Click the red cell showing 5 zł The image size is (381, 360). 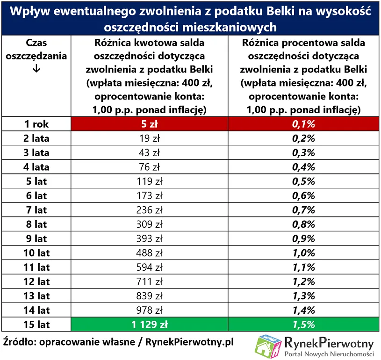pyautogui.click(x=150, y=124)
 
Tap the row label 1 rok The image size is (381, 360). pyautogui.click(x=37, y=124)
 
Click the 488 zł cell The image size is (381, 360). pyautogui.click(x=150, y=253)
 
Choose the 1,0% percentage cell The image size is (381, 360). pyautogui.click(x=304, y=253)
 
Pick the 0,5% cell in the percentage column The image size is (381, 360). pyautogui.click(x=304, y=181)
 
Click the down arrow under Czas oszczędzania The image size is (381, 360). pyautogui.click(x=37, y=69)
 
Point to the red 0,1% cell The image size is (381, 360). pyautogui.click(x=304, y=124)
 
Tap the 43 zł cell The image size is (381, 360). pyautogui.click(x=150, y=152)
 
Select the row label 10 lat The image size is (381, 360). pyautogui.click(x=37, y=253)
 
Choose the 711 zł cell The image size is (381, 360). pyautogui.click(x=150, y=282)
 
